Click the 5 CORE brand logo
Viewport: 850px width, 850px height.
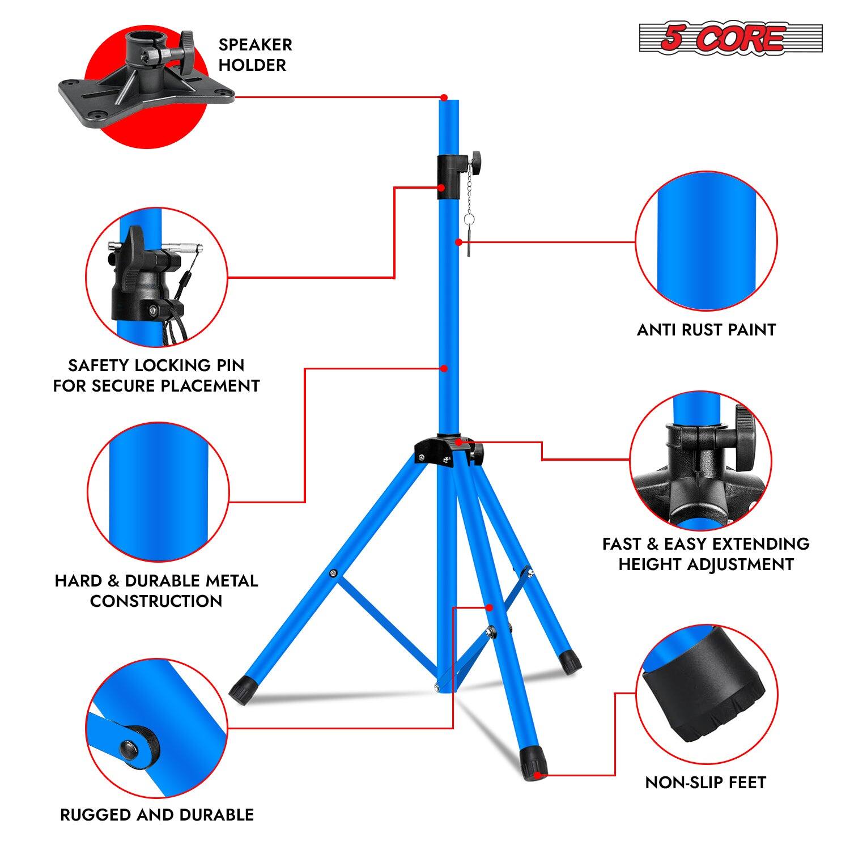click(x=730, y=39)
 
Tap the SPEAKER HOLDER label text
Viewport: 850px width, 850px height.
click(x=255, y=54)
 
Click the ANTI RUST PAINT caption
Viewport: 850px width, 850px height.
click(x=706, y=330)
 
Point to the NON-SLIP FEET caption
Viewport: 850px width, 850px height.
click(x=705, y=783)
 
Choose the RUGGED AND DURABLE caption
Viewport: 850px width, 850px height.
click(x=157, y=815)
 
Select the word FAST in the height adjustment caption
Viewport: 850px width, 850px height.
click(x=621, y=544)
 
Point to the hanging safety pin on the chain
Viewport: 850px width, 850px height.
click(x=469, y=241)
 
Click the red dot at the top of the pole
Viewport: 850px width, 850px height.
click(x=444, y=97)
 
